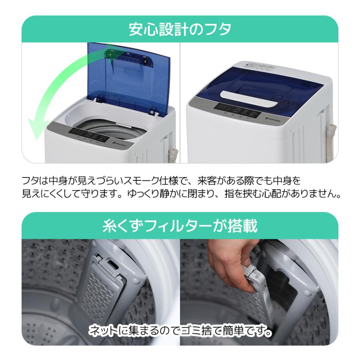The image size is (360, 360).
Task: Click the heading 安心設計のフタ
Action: pyautogui.click(x=180, y=29)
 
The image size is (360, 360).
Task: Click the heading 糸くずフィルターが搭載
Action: pyautogui.click(x=180, y=226)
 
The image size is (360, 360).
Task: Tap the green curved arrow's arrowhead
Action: pyautogui.click(x=36, y=128)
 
